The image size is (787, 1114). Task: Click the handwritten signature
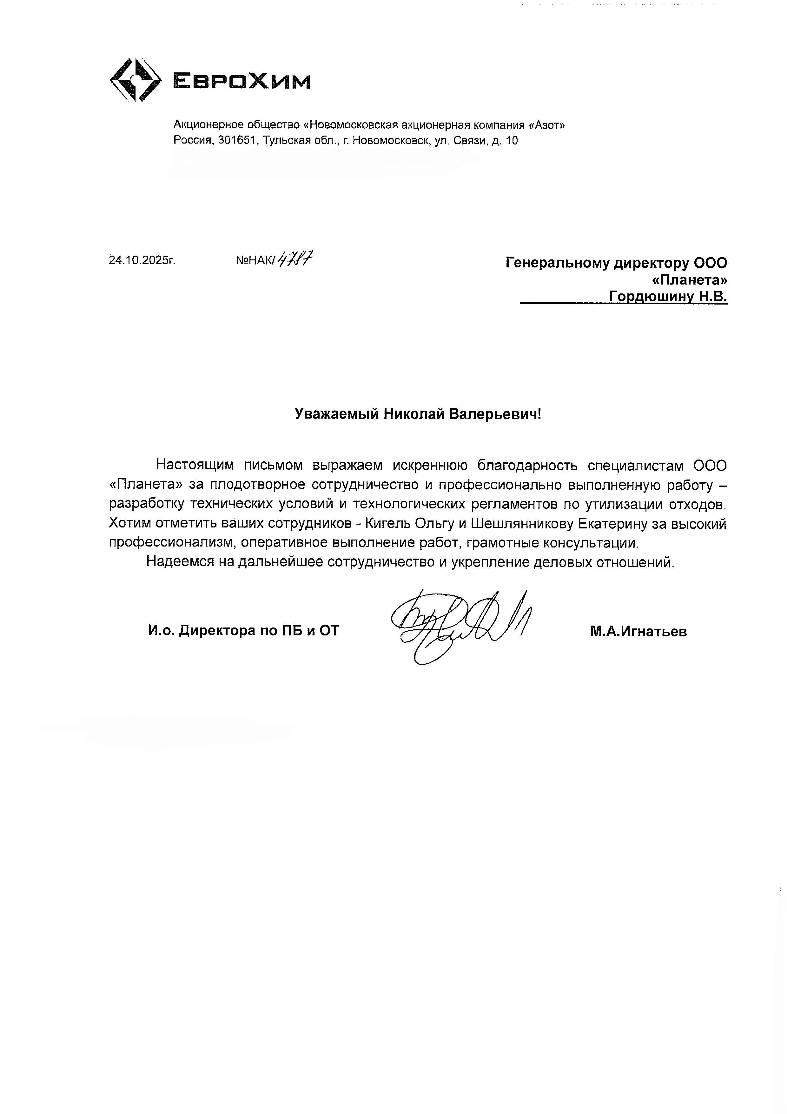pos(458,623)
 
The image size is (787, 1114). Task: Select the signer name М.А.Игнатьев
pos(638,631)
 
